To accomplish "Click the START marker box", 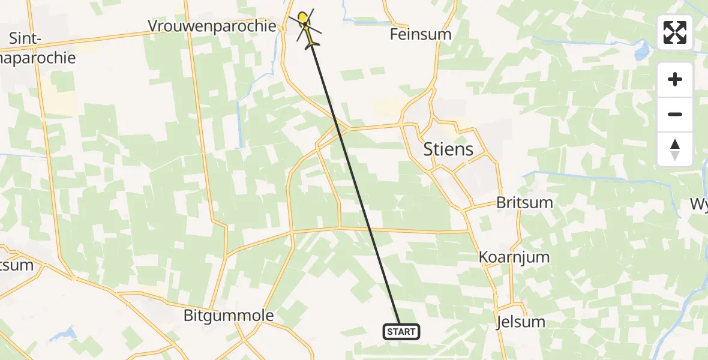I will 401,331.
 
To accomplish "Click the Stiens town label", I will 448,149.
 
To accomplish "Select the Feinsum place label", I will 421,34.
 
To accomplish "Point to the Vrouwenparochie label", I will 213,26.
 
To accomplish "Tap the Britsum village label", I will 524,202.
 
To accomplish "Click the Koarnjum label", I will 514,257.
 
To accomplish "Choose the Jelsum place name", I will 521,322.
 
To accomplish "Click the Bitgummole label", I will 229,316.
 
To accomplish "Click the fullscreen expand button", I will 675,32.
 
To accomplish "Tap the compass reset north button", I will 675,149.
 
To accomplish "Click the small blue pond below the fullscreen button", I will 641,51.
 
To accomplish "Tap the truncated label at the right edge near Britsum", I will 699,204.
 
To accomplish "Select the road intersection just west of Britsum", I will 466,209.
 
